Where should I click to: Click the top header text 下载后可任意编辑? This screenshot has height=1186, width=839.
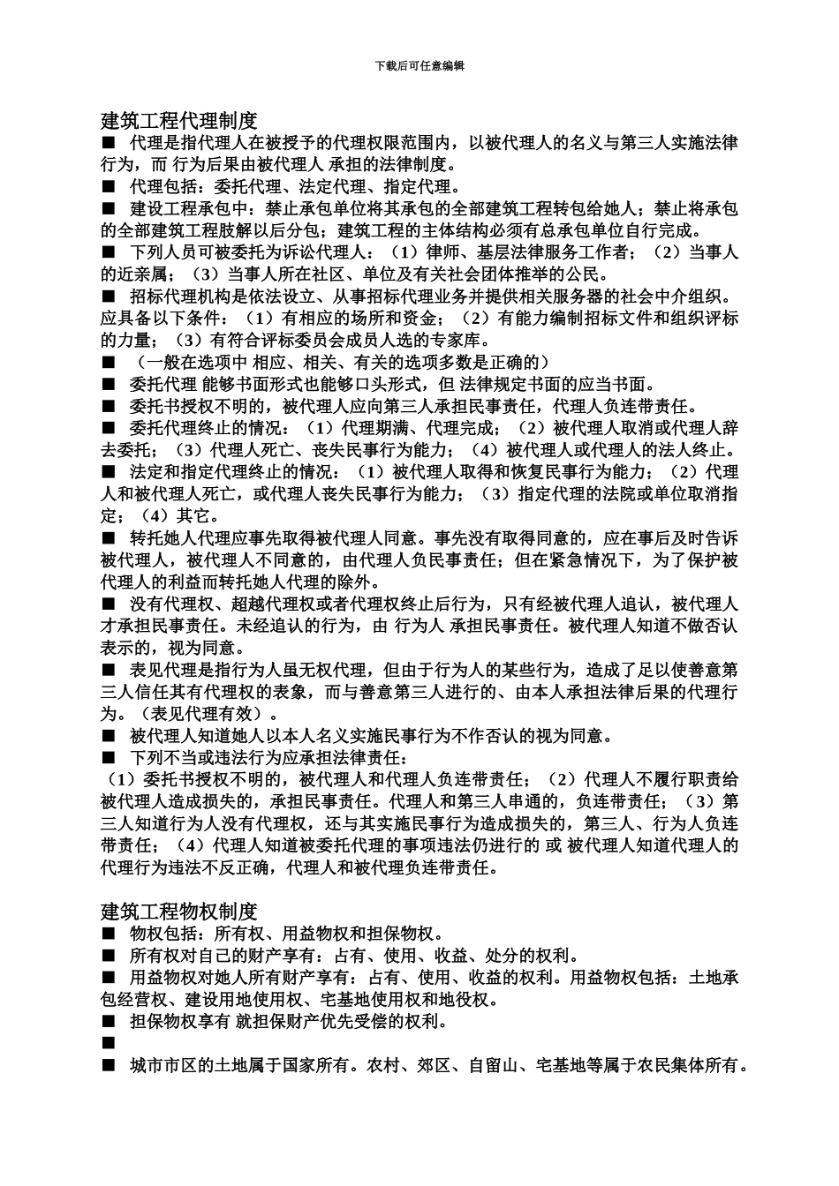pos(419,66)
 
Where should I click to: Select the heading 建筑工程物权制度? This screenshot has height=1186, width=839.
pos(178,911)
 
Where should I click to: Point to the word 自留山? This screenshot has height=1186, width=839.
pos(494,1066)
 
